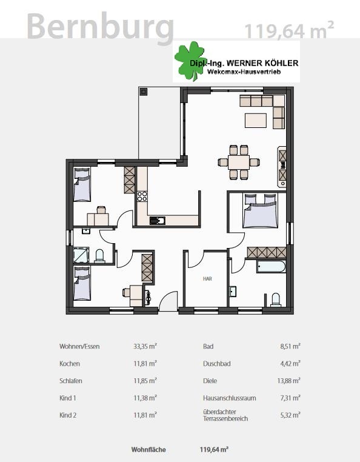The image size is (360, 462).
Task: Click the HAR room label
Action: [207, 278]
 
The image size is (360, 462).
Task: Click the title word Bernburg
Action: [101, 27]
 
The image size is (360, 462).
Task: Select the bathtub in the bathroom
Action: [271, 266]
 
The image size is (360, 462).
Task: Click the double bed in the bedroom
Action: [261, 211]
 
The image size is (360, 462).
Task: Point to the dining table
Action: [239, 162]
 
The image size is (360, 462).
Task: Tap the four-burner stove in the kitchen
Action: [142, 196]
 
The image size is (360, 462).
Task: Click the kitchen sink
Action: [158, 221]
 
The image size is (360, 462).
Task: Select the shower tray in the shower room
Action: [81, 255]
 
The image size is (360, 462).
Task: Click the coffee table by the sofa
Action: [256, 120]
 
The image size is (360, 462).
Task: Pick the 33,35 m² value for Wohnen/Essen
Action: [145, 346]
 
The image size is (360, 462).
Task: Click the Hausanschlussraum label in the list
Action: [230, 398]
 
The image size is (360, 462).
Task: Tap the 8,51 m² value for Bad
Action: [290, 346]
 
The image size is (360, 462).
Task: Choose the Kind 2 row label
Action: [68, 415]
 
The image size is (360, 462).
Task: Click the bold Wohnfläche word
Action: [148, 450]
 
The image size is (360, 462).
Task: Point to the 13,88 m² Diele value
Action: [288, 381]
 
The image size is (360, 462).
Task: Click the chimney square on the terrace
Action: [144, 92]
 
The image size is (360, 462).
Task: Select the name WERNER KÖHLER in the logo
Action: [259, 63]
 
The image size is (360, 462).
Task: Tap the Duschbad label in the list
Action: [217, 364]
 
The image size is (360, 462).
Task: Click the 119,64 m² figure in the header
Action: [289, 30]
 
